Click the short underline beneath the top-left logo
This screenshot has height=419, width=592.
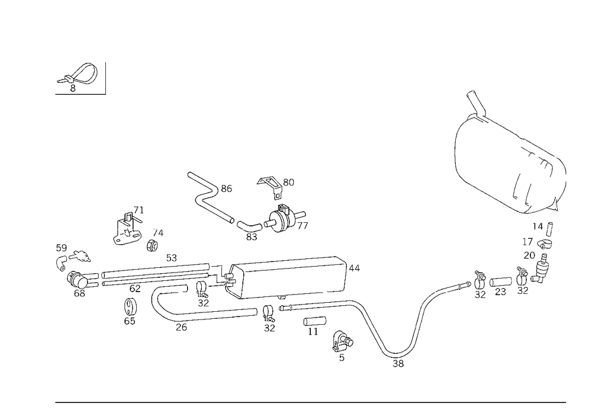[x=79, y=93]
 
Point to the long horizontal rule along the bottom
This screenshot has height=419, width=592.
[x=311, y=402]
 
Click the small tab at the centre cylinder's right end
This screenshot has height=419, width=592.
[x=355, y=270]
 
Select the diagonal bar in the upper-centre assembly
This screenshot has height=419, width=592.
[x=219, y=209]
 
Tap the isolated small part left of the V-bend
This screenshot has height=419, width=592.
[x=342, y=344]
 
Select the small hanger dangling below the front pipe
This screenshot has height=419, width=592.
[x=129, y=311]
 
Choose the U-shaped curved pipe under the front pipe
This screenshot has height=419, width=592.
[x=178, y=314]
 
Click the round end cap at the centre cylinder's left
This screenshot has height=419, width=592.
[x=234, y=279]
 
